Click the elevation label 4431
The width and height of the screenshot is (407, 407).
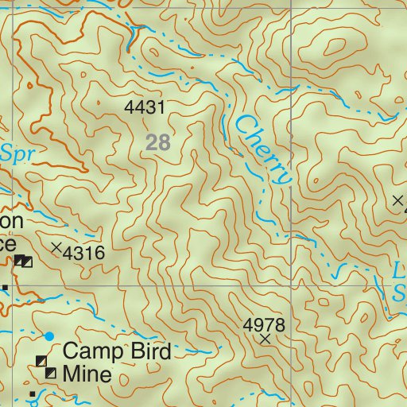(x=145, y=107)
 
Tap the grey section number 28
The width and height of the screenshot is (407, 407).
(x=158, y=142)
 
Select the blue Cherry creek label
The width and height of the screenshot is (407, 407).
(x=263, y=149)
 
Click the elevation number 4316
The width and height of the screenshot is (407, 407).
(x=83, y=254)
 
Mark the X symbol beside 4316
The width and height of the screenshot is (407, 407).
(x=56, y=248)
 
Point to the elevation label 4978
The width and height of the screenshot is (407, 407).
(x=264, y=324)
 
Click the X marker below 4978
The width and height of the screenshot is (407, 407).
(x=266, y=339)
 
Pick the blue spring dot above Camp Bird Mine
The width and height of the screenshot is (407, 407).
(x=49, y=336)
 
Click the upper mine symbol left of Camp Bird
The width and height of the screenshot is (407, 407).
(x=41, y=362)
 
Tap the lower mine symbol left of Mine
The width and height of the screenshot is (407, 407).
(x=50, y=373)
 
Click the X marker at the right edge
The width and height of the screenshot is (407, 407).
(x=398, y=201)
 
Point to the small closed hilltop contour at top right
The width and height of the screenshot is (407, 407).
(x=332, y=49)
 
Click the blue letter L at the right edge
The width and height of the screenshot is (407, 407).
(x=400, y=270)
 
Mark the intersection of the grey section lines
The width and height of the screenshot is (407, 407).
(x=291, y=285)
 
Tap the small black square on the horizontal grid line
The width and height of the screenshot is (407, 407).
(x=5, y=286)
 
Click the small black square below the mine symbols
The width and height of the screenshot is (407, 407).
(x=32, y=393)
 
